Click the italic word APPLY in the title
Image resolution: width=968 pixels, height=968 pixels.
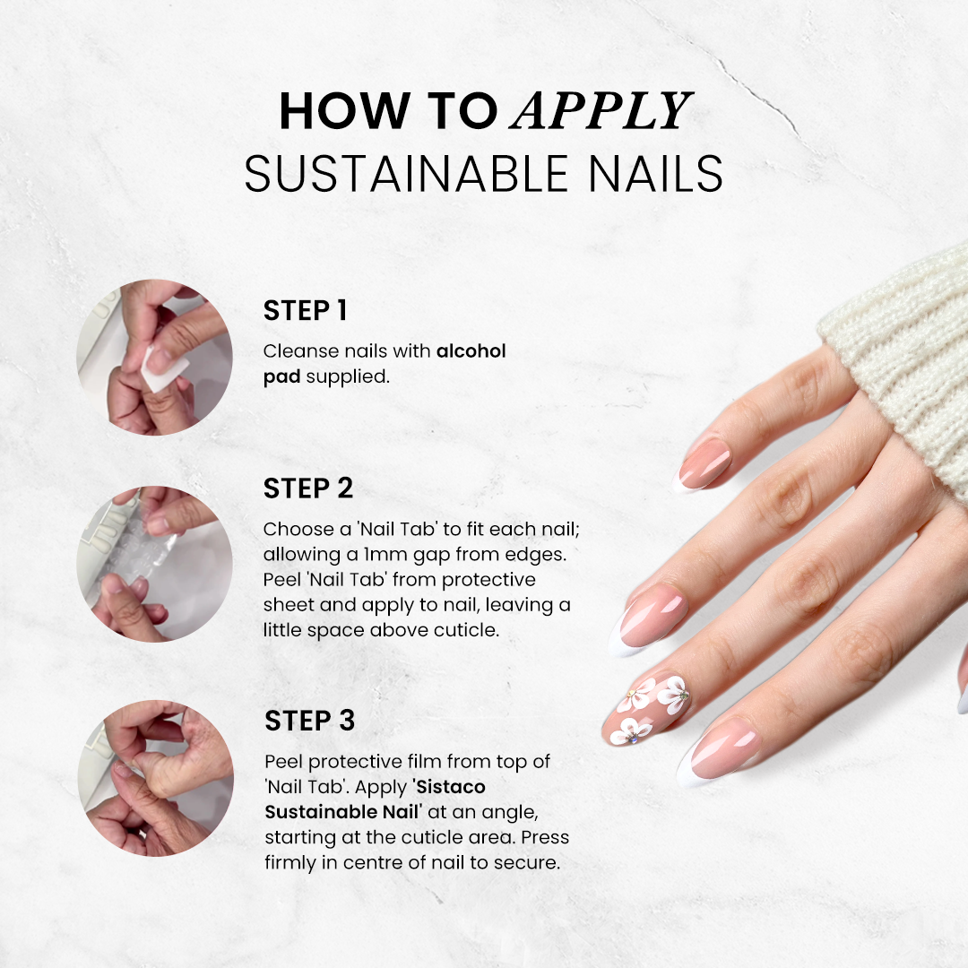[601, 112]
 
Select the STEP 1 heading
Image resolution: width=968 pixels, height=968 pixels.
[305, 311]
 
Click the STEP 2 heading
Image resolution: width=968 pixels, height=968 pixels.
[308, 488]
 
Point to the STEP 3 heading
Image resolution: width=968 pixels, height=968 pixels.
[310, 721]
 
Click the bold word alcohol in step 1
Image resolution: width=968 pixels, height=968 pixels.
[471, 351]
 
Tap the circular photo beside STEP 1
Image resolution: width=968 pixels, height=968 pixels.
[154, 357]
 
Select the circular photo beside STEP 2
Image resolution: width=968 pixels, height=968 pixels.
[154, 563]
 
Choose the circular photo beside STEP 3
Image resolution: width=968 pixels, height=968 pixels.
[154, 778]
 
